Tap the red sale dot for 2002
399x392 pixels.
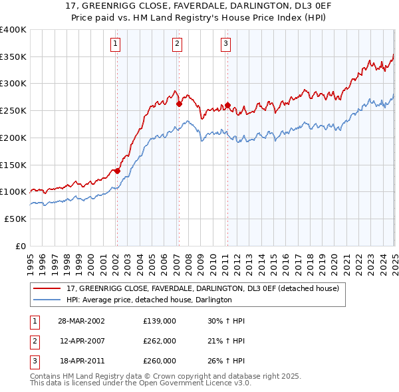pyautogui.click(x=117, y=171)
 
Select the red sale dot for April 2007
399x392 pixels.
pyautogui.click(x=179, y=104)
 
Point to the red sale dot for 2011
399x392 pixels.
pyautogui.click(x=227, y=105)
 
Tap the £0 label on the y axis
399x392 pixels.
pyautogui.click(x=21, y=246)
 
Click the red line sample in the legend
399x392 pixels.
pyautogui.click(x=46, y=288)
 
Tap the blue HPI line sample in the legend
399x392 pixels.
pyautogui.click(x=46, y=300)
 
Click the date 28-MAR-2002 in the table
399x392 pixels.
pyautogui.click(x=82, y=320)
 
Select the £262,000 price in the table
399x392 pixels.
pyautogui.click(x=160, y=341)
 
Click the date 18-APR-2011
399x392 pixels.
pyautogui.click(x=82, y=361)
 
